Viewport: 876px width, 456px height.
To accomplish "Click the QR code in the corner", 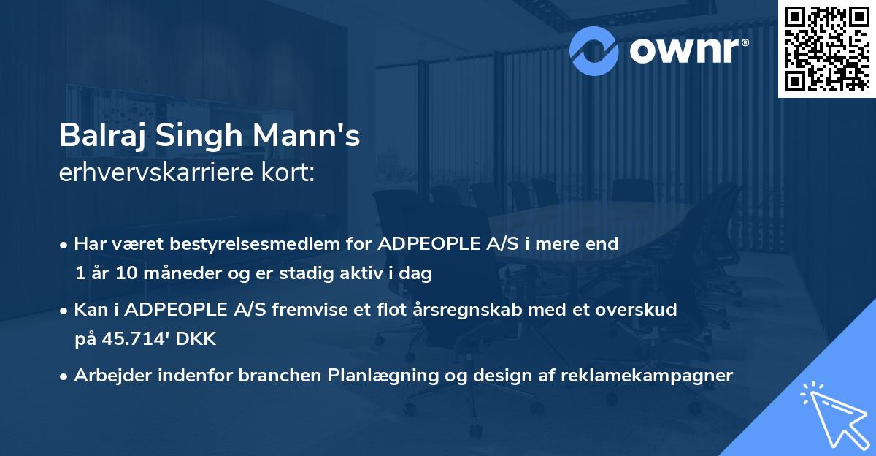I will click(x=826, y=48).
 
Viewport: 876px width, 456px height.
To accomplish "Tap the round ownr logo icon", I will click(x=595, y=50).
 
